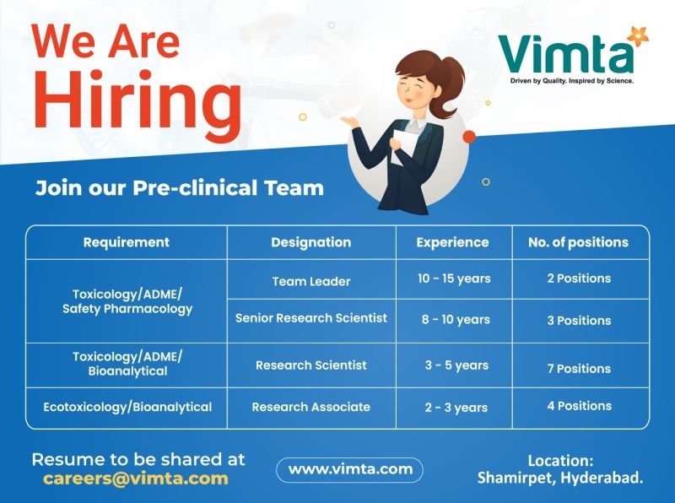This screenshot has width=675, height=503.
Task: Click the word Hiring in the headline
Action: click(138, 105)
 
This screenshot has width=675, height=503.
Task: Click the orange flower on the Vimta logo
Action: click(638, 36)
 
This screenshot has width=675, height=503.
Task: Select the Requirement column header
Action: click(126, 242)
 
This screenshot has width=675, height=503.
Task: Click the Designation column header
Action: click(310, 242)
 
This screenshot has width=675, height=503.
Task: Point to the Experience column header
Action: click(452, 242)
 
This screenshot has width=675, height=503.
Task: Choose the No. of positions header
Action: click(578, 242)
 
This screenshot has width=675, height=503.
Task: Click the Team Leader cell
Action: click(311, 281)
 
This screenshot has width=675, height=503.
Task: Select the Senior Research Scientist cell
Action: click(310, 318)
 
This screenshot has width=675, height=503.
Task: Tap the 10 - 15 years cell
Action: click(454, 279)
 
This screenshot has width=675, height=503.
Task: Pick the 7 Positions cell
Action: click(579, 369)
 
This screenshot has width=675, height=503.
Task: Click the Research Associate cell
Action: click(310, 407)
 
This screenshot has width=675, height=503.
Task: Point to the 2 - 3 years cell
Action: click(456, 408)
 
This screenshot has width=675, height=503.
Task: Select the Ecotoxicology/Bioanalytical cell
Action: click(127, 407)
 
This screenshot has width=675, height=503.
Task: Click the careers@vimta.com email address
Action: click(136, 479)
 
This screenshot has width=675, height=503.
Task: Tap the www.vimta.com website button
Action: click(349, 470)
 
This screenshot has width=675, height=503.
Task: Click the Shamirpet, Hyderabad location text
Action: click(560, 478)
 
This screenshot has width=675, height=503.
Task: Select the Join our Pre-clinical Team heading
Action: click(180, 187)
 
